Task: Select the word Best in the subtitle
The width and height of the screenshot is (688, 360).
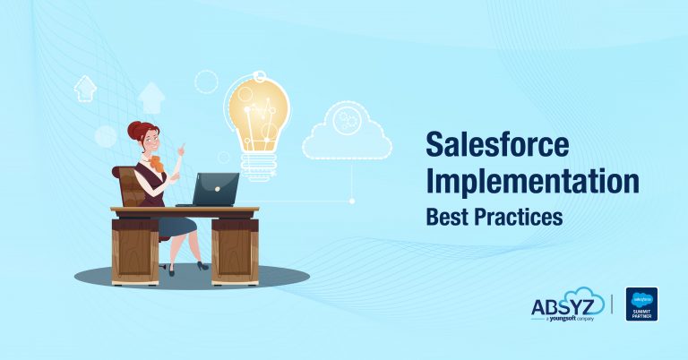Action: pyautogui.click(x=447, y=216)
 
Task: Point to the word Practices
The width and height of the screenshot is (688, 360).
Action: pyautogui.click(x=520, y=216)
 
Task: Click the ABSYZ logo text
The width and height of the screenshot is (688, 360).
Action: pyautogui.click(x=565, y=304)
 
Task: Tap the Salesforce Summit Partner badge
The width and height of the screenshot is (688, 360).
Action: pyautogui.click(x=641, y=304)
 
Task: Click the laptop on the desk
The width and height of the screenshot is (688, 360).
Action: pyautogui.click(x=214, y=188)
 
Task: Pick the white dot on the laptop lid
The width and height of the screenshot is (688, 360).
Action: pyautogui.click(x=218, y=186)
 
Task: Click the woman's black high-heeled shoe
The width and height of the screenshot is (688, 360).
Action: pyautogui.click(x=201, y=265)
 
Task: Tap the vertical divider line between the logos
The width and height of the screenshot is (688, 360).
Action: pyautogui.click(x=613, y=304)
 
